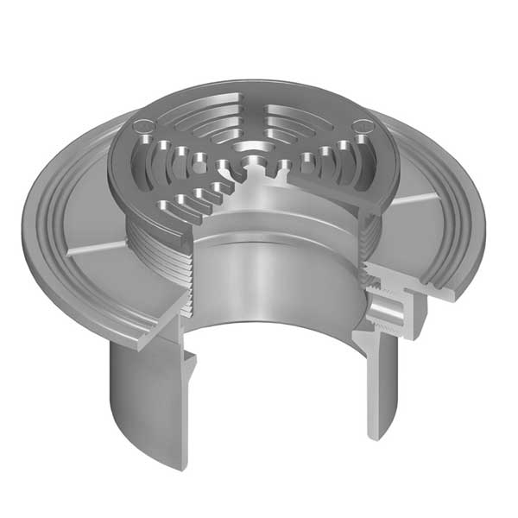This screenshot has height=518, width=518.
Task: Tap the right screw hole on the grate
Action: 363,127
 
